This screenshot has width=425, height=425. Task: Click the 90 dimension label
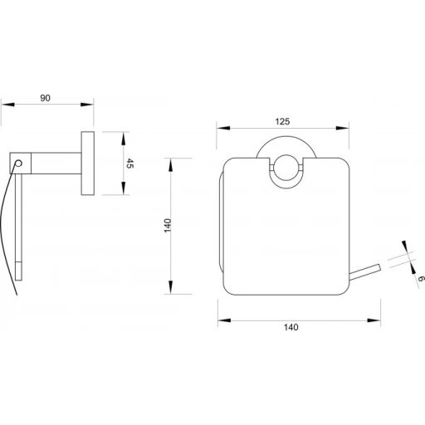(46, 98)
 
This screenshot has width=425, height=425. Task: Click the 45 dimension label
(129, 164)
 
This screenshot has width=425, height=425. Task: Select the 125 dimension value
(282, 121)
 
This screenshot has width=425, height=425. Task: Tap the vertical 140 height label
(168, 225)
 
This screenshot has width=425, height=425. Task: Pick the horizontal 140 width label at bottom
(291, 327)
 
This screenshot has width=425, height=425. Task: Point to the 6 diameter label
(420, 279)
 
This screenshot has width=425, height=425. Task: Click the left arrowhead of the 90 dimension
(7, 105)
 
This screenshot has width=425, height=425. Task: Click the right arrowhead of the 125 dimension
(342, 128)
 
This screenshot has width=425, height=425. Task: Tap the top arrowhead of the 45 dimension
(124, 139)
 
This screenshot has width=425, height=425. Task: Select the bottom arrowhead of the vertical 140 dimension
(170, 287)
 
